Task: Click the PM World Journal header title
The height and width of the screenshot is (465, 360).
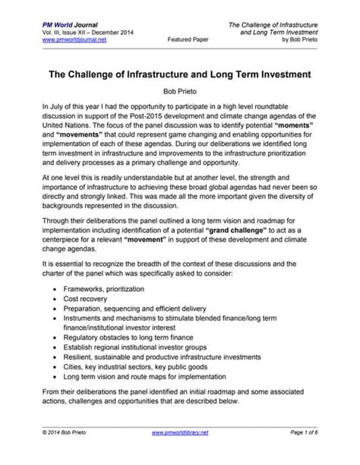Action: (55, 26)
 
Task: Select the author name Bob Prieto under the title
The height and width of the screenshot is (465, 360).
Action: (179, 90)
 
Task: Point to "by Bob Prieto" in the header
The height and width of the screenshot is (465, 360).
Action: (313, 42)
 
